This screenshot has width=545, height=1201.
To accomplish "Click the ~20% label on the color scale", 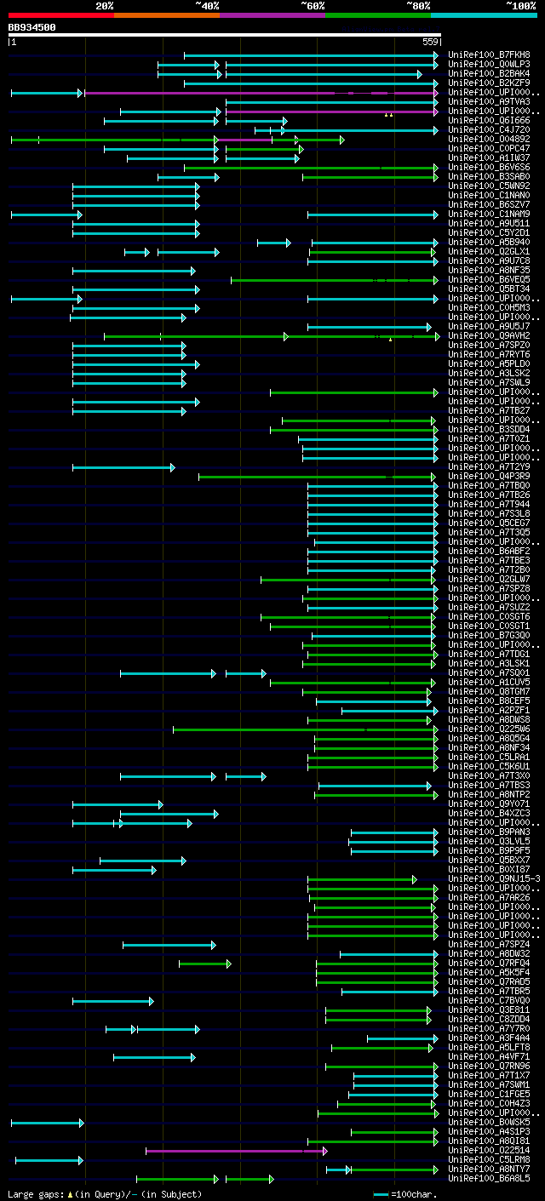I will (105, 6).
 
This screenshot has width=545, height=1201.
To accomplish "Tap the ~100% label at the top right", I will (520, 6).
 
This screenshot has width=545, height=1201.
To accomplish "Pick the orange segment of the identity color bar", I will (166, 15).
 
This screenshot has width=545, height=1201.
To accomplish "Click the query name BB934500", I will (32, 27).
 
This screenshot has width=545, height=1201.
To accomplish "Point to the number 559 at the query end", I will (430, 42).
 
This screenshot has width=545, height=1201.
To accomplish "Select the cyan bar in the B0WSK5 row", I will (47, 1123).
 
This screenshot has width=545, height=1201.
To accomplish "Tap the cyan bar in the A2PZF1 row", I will (389, 711).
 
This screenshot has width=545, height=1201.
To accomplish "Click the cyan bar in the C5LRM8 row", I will (49, 1160).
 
